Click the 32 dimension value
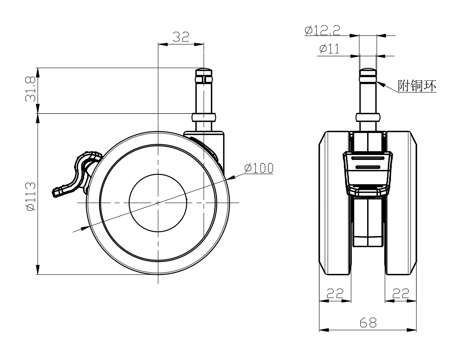tap(181, 37)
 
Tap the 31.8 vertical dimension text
tap(31, 89)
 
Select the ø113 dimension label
tap(31, 196)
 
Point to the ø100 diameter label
tap(259, 168)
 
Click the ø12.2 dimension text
tap(323, 30)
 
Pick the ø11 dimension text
tap(329, 49)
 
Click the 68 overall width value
tap(368, 322)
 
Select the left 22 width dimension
tap(335, 293)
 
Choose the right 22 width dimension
tap(401, 293)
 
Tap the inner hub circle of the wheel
tap(158, 203)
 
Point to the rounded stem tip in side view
tap(204, 70)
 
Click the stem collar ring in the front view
tap(368, 117)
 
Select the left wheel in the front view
tap(335, 203)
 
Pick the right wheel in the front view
tap(401, 203)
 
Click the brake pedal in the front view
tap(368, 173)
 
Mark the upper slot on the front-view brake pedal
tap(368, 158)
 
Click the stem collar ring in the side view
tap(204, 117)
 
